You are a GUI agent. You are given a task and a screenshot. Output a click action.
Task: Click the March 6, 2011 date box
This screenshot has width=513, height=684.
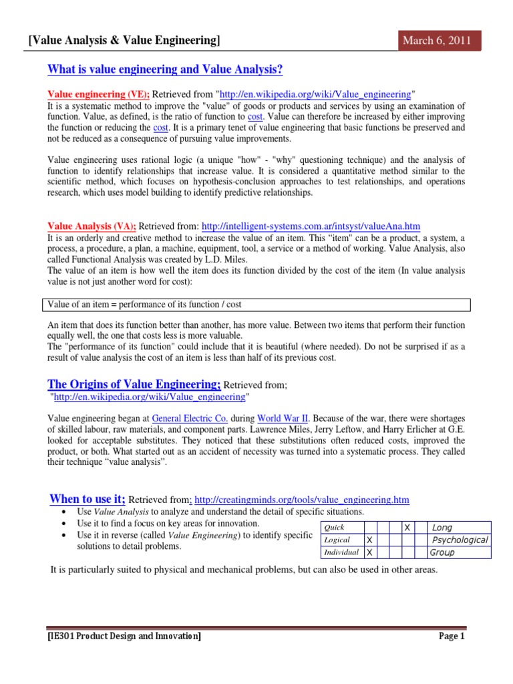click(x=436, y=41)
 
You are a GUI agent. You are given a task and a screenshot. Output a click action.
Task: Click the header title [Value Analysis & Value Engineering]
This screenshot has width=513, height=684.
click(x=124, y=41)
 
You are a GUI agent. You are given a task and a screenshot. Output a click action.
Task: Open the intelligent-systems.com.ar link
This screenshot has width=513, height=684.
click(x=311, y=226)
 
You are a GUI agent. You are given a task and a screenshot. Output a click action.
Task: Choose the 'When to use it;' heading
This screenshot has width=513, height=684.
click(x=88, y=499)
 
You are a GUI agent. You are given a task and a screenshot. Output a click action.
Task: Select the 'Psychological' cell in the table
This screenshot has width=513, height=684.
click(x=459, y=540)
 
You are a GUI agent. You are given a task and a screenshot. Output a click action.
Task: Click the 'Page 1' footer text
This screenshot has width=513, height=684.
click(x=451, y=637)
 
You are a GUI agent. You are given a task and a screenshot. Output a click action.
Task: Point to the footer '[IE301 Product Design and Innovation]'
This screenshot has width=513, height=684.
click(x=124, y=637)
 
